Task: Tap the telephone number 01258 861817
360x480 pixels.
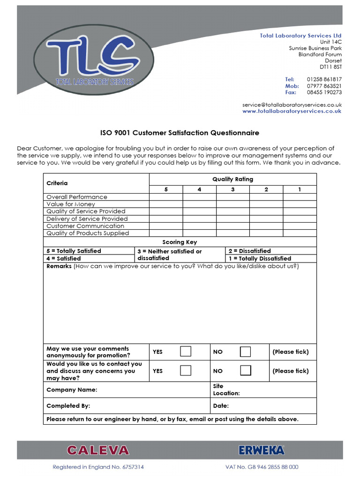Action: [x=324, y=79]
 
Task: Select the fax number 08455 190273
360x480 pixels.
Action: [x=324, y=92]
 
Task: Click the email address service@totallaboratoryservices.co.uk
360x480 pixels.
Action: [x=292, y=105]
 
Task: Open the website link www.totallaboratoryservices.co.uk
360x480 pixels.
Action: [x=292, y=111]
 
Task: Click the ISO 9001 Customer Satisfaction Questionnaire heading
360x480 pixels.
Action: [x=180, y=133]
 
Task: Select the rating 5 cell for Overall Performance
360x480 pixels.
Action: [x=166, y=197]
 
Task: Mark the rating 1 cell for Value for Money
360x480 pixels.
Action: [x=300, y=204]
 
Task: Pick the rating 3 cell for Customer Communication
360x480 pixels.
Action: [x=232, y=226]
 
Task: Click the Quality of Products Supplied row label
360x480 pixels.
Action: [x=88, y=233]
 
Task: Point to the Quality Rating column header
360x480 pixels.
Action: [x=232, y=179]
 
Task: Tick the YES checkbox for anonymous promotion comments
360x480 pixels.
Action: [x=186, y=352]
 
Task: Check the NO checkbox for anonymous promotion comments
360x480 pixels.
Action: [x=245, y=352]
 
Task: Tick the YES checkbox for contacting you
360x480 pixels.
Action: [x=186, y=370]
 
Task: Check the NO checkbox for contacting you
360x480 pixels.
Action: [x=245, y=370]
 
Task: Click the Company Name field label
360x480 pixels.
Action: [x=72, y=390]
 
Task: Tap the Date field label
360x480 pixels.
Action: [x=221, y=406]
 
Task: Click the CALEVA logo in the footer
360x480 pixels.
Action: [x=97, y=450]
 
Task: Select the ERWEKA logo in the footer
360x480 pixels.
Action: [x=262, y=450]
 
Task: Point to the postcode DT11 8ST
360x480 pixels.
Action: [x=330, y=67]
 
